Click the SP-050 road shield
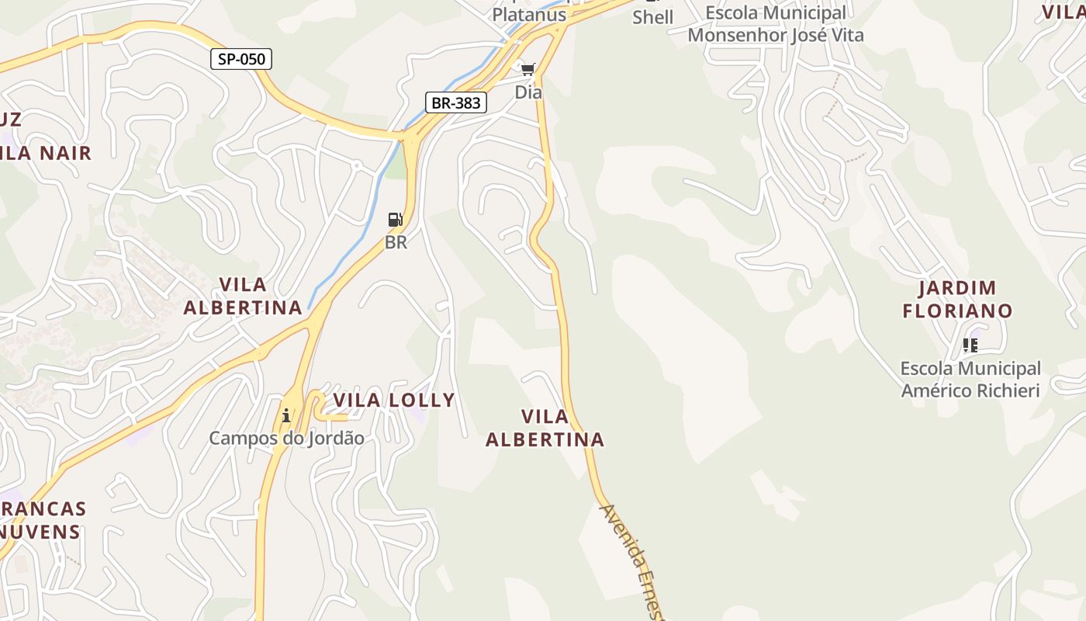point(241,59)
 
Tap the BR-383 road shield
point(456,102)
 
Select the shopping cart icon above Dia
point(528,71)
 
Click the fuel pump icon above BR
point(396,220)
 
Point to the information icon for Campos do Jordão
point(286,415)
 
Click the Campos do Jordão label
point(286,438)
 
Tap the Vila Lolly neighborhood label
point(394,401)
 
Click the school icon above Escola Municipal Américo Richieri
point(970,345)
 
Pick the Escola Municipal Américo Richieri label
point(970,379)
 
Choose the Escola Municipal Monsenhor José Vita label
point(776,25)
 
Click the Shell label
point(653,17)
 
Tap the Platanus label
point(529,15)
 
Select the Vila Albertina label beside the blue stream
point(243,296)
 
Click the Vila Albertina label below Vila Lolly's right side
point(545,428)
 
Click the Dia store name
point(528,92)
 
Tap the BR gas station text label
point(396,242)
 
